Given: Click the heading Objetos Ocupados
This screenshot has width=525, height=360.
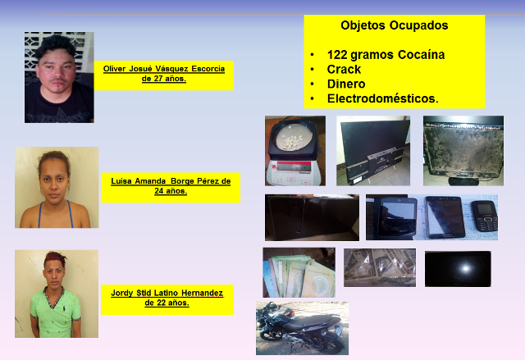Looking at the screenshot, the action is pos(394,25).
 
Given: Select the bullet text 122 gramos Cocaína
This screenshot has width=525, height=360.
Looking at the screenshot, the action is pos(386,55).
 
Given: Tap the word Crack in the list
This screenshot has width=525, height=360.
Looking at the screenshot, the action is pos(344,69).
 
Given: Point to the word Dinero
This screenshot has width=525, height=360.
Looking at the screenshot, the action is pos(346,84).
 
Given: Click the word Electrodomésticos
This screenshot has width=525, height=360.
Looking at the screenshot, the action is pos(383,98).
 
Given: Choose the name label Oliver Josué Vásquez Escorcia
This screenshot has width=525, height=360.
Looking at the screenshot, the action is pos(164,69).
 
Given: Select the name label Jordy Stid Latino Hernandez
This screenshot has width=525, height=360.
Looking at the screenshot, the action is pos(167,293).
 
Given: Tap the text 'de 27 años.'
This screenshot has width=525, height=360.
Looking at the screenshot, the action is pos(164,79).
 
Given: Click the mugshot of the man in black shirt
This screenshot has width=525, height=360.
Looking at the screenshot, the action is pos(59,77).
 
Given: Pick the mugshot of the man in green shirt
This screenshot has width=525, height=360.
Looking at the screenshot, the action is pos(57,294).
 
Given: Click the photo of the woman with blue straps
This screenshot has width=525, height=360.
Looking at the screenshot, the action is pos(57,187).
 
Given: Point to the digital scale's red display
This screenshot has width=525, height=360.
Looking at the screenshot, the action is pos(290,166).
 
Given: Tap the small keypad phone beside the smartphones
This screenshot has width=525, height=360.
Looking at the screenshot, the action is pos(485,216).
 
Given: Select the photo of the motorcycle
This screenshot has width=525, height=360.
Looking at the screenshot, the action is pos(303,328).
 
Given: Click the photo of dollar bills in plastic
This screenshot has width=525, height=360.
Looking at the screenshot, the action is pos(380,267).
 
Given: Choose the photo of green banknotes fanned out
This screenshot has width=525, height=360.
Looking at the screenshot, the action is pos(299,272).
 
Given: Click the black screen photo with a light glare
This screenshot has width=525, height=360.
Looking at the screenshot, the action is pos(458,269).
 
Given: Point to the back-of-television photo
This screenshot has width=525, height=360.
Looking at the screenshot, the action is pos(373,151).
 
